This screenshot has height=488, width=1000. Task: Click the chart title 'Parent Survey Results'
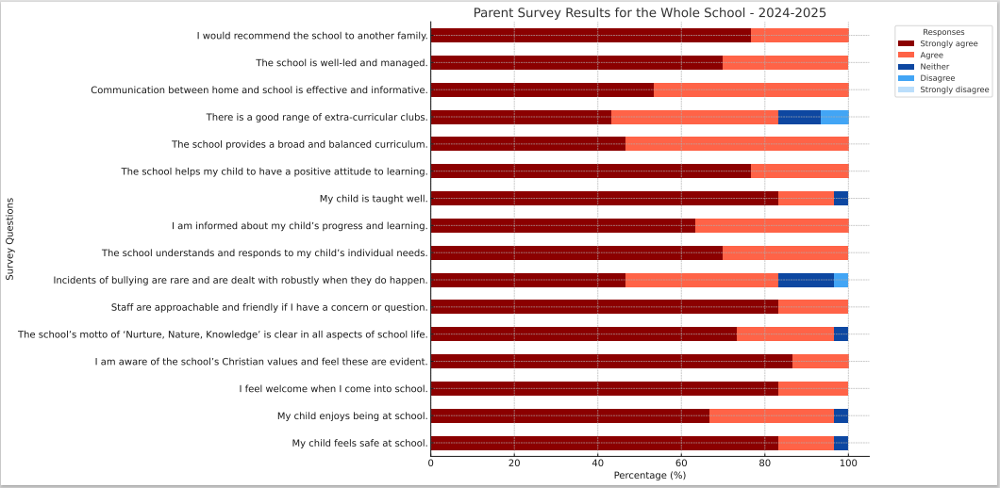point(649,12)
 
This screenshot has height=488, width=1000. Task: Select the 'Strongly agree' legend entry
point(948,43)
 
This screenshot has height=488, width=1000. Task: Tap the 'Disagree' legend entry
point(937,78)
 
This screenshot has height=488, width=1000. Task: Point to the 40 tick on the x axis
point(597,464)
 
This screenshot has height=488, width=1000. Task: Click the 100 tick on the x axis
point(848,464)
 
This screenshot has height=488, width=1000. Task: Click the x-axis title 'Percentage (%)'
point(649,476)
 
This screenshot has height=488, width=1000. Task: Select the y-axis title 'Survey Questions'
point(10,238)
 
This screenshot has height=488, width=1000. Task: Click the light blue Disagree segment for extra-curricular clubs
point(834,117)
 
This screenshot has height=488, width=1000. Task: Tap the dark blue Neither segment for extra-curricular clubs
point(799,117)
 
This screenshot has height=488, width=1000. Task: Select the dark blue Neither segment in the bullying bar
point(806,280)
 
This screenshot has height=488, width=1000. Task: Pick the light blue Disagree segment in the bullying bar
point(841,280)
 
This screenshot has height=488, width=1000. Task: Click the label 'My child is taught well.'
point(374,199)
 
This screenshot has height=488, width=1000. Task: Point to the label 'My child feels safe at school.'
point(359,443)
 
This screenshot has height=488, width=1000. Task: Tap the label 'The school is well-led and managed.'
point(342,63)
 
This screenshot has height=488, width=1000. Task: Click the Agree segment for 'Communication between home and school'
point(751,90)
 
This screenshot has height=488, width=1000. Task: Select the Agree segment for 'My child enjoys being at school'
point(771,415)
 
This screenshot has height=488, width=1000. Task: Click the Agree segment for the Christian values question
point(820,361)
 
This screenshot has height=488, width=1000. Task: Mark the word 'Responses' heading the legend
point(943,32)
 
